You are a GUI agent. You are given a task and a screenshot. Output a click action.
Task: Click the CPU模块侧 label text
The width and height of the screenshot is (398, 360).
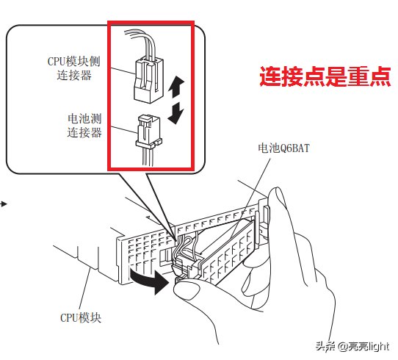pyautogui.click(x=74, y=62)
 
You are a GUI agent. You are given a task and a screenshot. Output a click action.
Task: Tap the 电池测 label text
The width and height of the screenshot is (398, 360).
pyautogui.click(x=84, y=118)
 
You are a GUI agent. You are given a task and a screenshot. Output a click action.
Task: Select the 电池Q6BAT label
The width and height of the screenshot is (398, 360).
pyautogui.click(x=283, y=148)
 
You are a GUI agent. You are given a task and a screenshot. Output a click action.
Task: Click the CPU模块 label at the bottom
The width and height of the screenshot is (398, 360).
pyautogui.click(x=81, y=317)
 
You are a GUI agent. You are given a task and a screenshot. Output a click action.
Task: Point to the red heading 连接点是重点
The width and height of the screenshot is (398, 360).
pyautogui.click(x=325, y=76)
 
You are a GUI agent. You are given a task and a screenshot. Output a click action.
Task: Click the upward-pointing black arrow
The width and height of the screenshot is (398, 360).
pyautogui.click(x=176, y=87)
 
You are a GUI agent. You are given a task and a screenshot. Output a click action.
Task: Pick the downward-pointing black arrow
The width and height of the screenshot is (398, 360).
pyautogui.click(x=176, y=113)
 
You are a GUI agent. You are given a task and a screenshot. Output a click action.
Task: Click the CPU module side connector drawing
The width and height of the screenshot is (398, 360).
pyautogui.click(x=149, y=80)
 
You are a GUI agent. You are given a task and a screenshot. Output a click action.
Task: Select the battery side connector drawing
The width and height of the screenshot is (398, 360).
pyautogui.click(x=149, y=132)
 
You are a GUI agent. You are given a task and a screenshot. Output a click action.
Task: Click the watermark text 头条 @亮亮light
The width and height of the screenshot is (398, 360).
pyautogui.click(x=352, y=346)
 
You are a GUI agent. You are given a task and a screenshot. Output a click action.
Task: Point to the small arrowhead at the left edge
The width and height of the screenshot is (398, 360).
pyautogui.click(x=4, y=204)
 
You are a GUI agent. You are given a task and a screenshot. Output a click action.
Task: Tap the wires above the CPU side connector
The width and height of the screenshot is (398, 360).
pyautogui.click(x=141, y=43)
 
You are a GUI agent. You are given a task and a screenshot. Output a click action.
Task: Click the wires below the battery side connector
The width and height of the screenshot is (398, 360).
pyautogui.click(x=148, y=157)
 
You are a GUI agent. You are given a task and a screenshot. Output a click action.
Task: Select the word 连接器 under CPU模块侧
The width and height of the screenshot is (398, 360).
pyautogui.click(x=74, y=76)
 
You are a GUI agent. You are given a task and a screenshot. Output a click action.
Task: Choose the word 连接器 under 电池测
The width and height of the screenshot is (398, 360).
pyautogui.click(x=84, y=132)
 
